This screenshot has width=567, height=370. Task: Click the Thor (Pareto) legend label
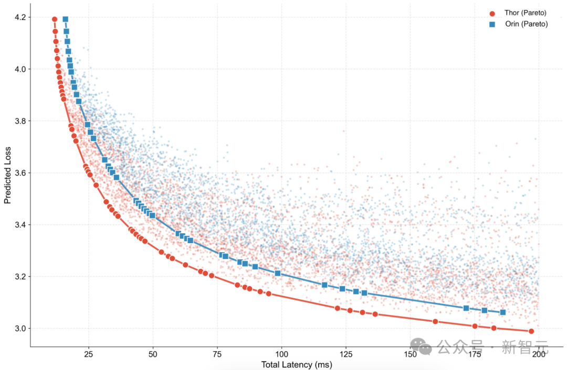518,13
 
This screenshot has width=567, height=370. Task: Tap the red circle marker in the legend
492,13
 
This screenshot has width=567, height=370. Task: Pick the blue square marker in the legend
492,25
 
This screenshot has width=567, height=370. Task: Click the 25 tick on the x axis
88,355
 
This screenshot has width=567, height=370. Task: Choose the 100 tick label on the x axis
282,355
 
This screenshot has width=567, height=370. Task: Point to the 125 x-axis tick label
346,355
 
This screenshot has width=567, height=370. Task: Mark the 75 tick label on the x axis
217,355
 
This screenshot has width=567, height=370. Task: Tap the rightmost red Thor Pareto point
531,331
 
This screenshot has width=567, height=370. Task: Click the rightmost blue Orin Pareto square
502,312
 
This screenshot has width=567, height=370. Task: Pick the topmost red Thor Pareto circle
55,19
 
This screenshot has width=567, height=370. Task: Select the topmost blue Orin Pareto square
66,19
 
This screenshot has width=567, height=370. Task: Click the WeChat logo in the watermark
421,345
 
